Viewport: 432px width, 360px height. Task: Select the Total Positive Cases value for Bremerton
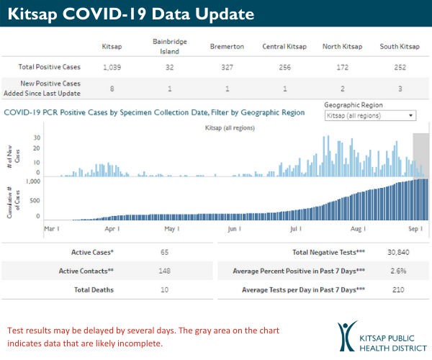(x=227, y=67)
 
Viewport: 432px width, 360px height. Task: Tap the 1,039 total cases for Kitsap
(x=112, y=67)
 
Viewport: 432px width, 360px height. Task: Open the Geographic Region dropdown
(x=370, y=115)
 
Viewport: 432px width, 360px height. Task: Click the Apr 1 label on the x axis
(x=112, y=228)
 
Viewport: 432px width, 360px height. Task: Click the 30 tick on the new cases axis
(x=37, y=137)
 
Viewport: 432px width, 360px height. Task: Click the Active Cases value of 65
(x=165, y=253)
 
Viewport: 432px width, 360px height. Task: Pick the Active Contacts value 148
(x=165, y=271)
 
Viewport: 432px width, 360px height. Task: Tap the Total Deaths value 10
(x=165, y=289)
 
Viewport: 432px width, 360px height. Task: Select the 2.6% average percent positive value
(x=398, y=271)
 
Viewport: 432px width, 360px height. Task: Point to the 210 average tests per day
(x=400, y=289)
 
